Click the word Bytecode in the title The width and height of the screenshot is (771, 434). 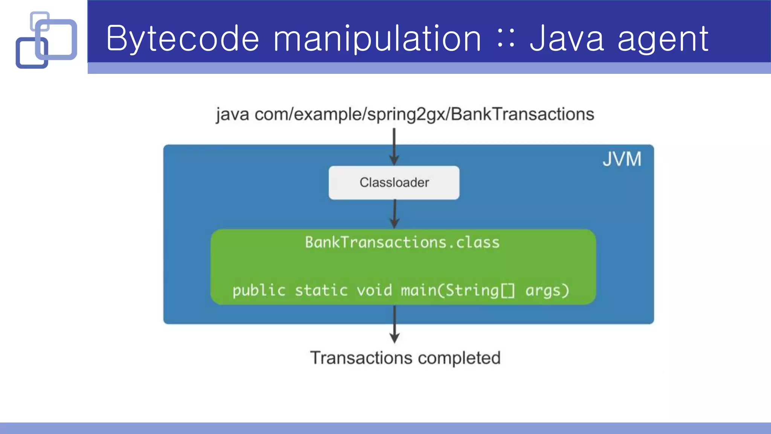coord(183,38)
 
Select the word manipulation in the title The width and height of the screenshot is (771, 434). coord(377,38)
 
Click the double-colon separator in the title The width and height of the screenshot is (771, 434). coord(506,38)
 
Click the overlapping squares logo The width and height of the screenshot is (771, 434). coord(46,40)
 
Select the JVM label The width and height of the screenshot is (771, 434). coord(622,159)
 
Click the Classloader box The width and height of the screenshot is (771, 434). coord(394,183)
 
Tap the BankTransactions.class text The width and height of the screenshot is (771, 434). coord(402,242)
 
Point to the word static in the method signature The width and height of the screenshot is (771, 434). coord(321,290)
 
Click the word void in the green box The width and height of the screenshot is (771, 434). coord(374,290)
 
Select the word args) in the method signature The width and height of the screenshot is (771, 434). coord(547,290)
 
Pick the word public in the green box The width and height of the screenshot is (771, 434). coord(259,290)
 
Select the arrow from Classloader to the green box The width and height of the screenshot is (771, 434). coord(394,214)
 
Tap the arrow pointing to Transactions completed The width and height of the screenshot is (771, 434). coord(394,324)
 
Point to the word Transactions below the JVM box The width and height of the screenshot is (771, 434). coord(361,358)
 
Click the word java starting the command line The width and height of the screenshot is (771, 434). coord(232,114)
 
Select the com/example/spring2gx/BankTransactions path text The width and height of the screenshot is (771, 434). coord(424,114)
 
